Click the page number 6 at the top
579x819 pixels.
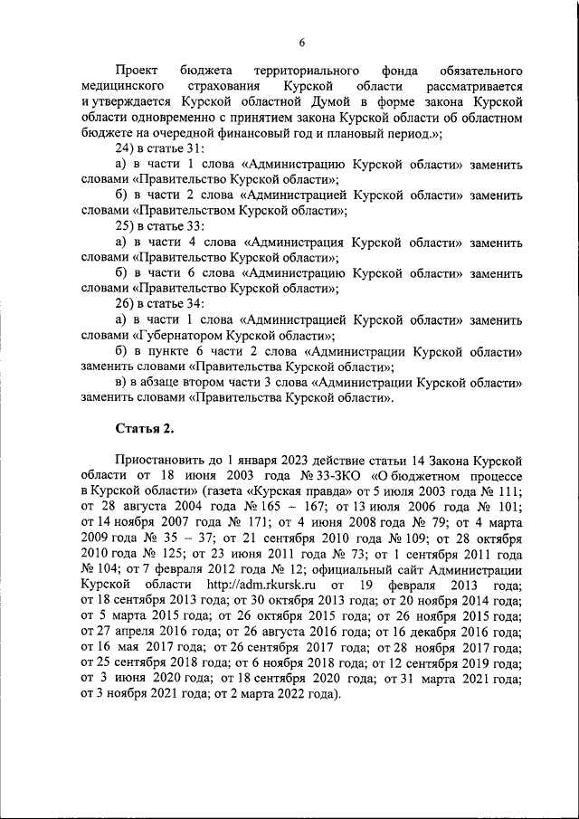pyautogui.click(x=302, y=41)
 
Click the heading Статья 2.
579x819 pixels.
pyautogui.click(x=140, y=427)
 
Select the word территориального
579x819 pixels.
pyautogui.click(x=295, y=71)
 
